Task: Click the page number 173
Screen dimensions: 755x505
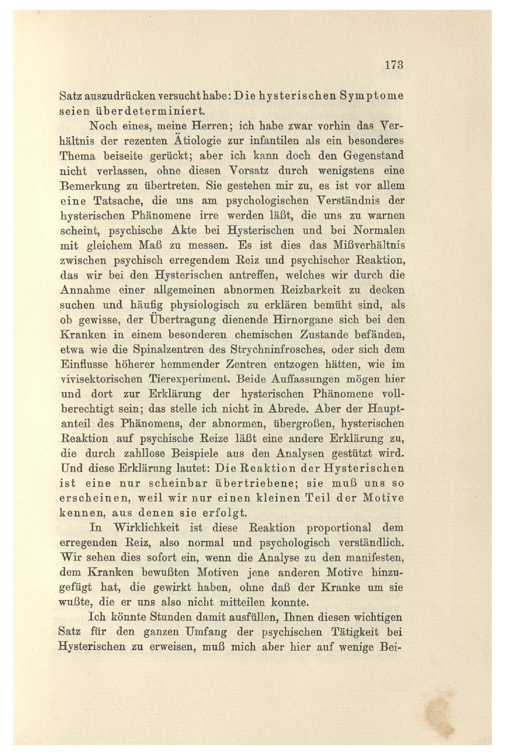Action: pos(394,65)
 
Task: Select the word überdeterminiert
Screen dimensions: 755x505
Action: pos(150,111)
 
